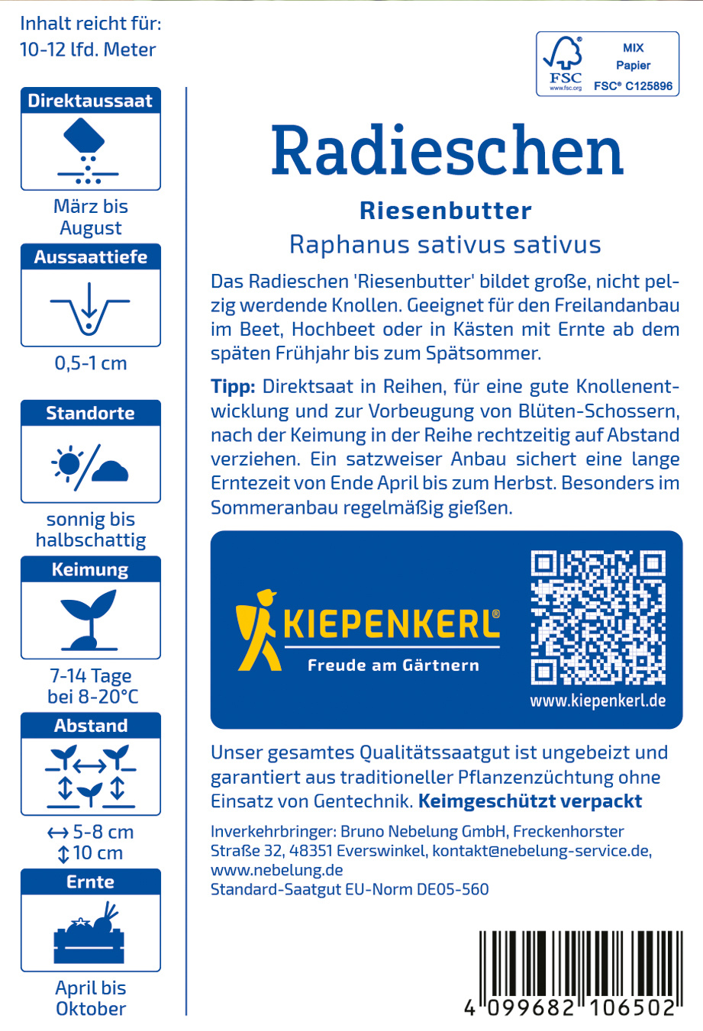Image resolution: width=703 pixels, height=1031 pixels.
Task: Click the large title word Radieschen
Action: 447,150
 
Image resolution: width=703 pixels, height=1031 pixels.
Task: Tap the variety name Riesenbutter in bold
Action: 446,211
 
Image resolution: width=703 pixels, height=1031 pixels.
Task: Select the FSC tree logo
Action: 564,63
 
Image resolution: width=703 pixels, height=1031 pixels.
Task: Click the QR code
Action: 598,617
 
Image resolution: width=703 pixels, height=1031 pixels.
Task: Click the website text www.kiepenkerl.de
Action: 598,700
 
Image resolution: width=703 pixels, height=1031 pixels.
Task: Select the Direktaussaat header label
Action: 90,101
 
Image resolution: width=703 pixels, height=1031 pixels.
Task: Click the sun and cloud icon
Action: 90,463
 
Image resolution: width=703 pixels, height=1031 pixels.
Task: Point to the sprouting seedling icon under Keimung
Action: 90,618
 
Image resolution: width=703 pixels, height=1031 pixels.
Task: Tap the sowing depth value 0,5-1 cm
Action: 90,363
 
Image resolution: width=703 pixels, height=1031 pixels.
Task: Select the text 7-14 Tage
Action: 90,676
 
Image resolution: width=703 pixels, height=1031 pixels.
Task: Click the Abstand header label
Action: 90,726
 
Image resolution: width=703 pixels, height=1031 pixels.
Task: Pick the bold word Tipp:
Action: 232,386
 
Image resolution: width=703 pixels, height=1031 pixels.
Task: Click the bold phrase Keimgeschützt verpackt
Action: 530,801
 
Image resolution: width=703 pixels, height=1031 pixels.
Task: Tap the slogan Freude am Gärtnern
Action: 393,665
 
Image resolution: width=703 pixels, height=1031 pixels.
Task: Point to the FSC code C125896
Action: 633,86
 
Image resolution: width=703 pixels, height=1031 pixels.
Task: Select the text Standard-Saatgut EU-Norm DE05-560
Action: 350,889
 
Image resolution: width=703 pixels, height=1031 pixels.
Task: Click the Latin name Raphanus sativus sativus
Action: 445,245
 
